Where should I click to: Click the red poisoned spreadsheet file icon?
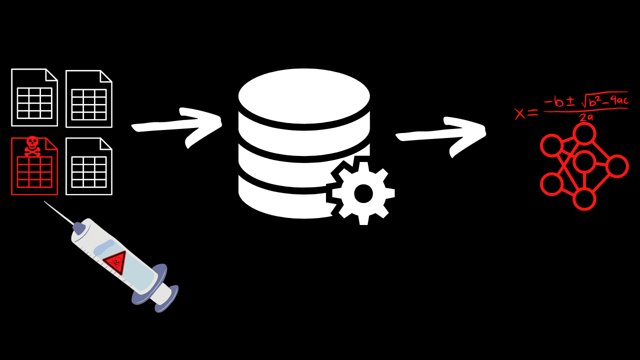(34, 166)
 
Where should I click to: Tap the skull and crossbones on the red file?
(32, 146)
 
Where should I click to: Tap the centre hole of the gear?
(363, 193)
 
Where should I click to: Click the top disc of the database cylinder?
(304, 96)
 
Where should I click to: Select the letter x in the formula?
(520, 113)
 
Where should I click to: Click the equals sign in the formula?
(533, 113)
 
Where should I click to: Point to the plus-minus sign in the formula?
(570, 103)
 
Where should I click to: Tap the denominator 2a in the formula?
(585, 117)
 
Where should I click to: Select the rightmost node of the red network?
(617, 166)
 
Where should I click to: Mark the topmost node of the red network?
(584, 133)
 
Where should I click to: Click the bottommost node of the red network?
(584, 199)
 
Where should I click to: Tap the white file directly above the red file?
(34, 97)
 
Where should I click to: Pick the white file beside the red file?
(89, 166)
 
